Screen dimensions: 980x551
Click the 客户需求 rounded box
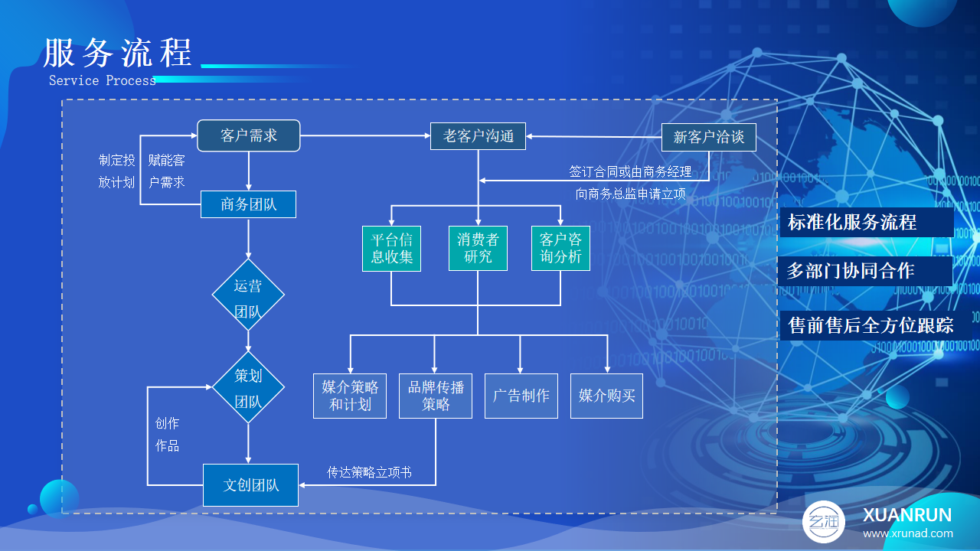[249, 135]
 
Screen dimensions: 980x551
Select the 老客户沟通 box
[478, 136]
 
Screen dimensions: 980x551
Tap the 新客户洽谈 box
[709, 137]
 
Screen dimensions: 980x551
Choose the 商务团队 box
[248, 204]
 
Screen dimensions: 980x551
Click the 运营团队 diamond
[248, 295]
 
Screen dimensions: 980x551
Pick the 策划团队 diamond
[248, 387]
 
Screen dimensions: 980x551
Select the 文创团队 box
[250, 485]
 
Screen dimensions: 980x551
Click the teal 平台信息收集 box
[391, 249]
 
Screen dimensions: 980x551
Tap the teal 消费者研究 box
[478, 249]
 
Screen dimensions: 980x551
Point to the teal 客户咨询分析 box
[560, 249]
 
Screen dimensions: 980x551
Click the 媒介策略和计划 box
[350, 396]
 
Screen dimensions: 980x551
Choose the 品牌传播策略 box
[436, 396]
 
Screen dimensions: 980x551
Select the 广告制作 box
[521, 396]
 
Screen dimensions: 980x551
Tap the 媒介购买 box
[607, 396]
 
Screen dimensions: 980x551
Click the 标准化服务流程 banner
[867, 222]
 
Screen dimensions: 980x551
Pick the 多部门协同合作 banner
[866, 271]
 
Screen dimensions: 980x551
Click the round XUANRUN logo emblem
[823, 522]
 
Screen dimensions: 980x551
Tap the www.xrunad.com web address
[908, 533]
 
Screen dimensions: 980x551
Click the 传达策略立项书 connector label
[369, 472]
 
